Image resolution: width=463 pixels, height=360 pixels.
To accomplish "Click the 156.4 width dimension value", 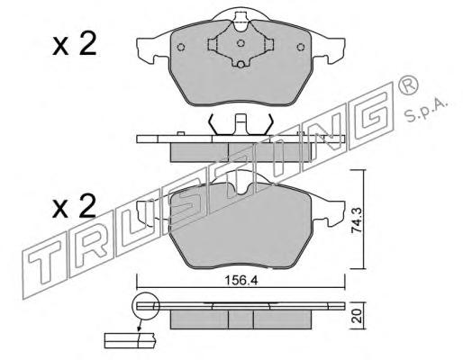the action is (x=241, y=281).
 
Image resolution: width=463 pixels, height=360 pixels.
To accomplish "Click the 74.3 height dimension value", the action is (x=357, y=220).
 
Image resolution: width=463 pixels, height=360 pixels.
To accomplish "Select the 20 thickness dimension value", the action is (x=357, y=317).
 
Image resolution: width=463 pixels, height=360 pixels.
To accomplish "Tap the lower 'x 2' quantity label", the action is (x=74, y=206).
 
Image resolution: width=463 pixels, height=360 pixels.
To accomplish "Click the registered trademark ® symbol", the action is (x=408, y=85).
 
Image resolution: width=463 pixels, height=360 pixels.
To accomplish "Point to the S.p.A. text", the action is (x=426, y=110).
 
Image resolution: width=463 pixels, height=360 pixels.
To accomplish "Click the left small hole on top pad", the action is (x=181, y=47).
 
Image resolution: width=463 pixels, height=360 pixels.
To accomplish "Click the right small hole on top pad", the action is (x=301, y=47).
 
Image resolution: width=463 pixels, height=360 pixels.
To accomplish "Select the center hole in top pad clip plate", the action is (x=241, y=43).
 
